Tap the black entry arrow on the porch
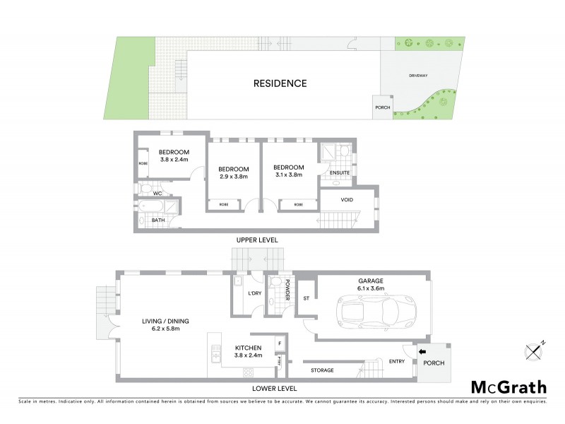point(422,350)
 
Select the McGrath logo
point(509,387)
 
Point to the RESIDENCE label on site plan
point(280,83)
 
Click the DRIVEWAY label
point(418,75)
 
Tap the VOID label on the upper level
point(346,200)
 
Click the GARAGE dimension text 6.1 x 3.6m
point(371,288)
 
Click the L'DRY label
point(254,293)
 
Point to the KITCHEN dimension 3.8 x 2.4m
point(248,355)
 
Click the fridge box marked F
point(280,343)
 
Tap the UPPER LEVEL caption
point(257,240)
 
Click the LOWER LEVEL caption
point(273,389)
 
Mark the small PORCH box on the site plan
point(382,107)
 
